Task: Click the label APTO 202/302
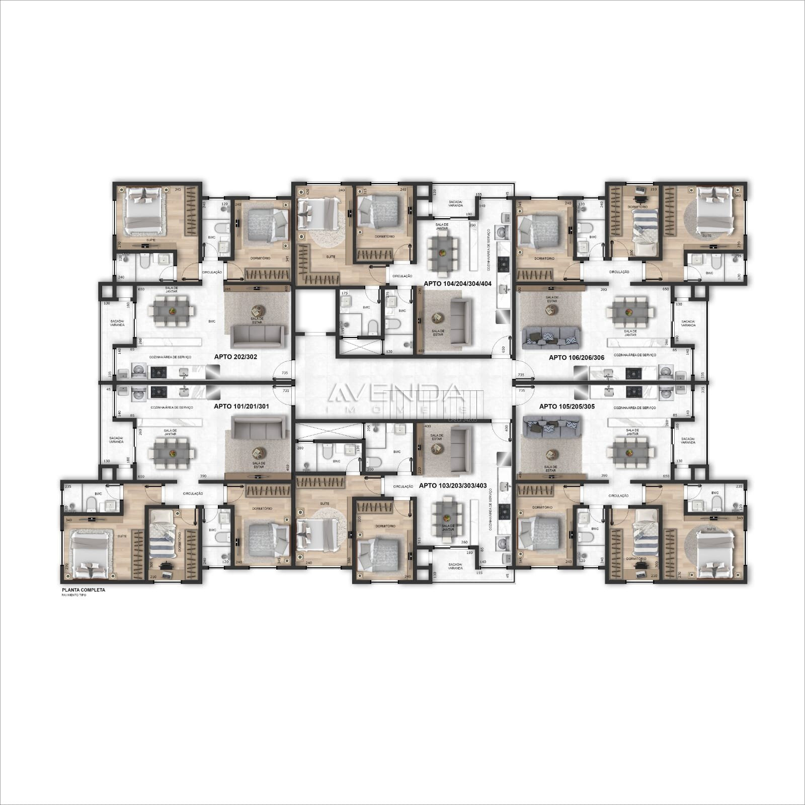click(235, 357)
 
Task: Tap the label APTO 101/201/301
click(238, 406)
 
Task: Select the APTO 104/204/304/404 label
click(457, 284)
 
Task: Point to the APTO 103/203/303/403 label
click(453, 486)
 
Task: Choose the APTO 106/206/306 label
click(576, 357)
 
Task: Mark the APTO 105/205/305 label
click(567, 406)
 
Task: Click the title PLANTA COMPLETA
click(84, 590)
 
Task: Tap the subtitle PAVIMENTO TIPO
click(74, 596)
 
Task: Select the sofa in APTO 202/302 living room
click(257, 336)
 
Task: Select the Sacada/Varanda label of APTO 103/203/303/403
click(455, 566)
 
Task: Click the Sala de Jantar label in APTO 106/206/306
click(630, 333)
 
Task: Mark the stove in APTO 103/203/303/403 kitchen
click(503, 512)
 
